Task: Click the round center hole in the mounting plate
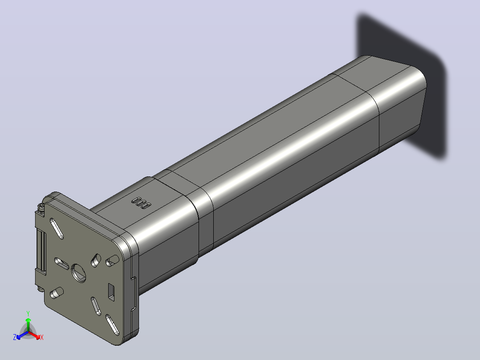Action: click(78, 273)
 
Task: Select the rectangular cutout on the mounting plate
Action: click(111, 292)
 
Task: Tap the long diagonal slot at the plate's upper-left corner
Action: click(57, 228)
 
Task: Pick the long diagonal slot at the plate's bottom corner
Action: click(112, 325)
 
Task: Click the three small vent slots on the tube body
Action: click(141, 203)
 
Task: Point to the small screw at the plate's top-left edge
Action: click(41, 208)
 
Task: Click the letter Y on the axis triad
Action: click(28, 313)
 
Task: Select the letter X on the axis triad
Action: click(42, 337)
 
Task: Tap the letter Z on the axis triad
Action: click(15, 337)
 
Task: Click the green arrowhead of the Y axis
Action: click(28, 320)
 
